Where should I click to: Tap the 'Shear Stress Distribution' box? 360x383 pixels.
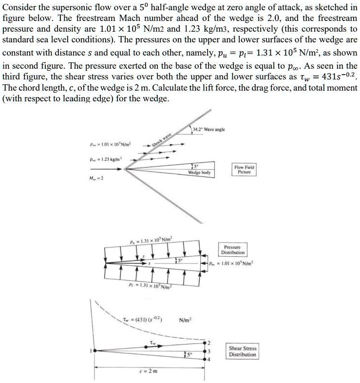tap(242, 351)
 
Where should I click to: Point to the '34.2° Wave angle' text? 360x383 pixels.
tap(208, 129)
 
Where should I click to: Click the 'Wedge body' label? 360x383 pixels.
tap(199, 172)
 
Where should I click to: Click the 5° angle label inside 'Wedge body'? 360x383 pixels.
tap(193, 165)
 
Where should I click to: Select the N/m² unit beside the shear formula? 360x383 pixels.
tap(186, 320)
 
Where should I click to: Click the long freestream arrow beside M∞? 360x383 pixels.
tap(106, 169)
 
